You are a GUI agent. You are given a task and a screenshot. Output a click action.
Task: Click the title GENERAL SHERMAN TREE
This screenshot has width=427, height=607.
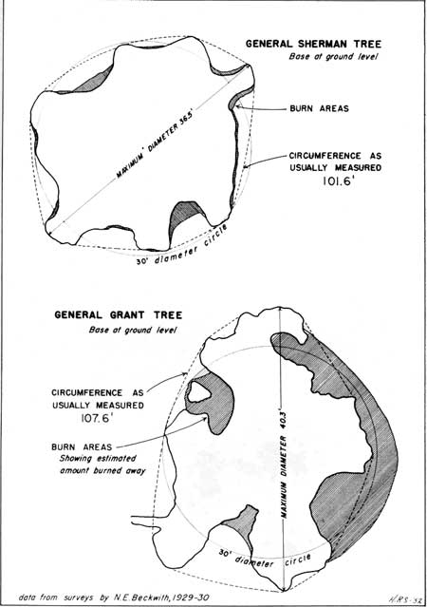(313, 44)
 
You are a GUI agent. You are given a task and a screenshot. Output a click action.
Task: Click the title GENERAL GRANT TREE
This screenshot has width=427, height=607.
(118, 314)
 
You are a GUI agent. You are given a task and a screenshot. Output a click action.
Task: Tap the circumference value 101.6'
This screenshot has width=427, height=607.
(339, 180)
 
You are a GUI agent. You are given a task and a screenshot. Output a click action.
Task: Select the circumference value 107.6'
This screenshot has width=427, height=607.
(97, 418)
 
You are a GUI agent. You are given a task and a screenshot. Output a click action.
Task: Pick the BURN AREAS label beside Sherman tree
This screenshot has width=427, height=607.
(319, 108)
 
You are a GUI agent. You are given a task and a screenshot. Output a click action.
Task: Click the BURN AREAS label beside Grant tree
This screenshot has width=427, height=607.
(82, 447)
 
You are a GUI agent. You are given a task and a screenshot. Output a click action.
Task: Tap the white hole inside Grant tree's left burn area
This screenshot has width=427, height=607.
(199, 392)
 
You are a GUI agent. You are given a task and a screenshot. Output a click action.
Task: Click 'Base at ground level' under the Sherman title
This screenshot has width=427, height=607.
(333, 56)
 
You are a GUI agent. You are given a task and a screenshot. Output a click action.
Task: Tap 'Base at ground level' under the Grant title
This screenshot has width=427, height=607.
(133, 331)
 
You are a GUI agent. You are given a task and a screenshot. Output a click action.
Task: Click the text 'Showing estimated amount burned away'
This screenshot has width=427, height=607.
(102, 465)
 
